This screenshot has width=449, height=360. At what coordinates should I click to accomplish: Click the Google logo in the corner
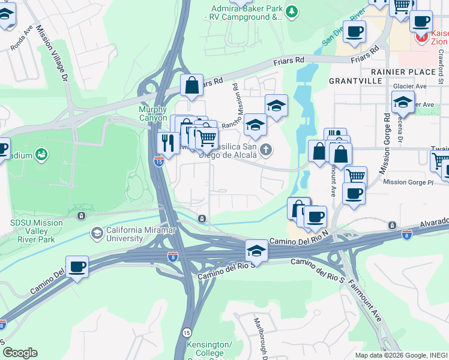tap(20, 353)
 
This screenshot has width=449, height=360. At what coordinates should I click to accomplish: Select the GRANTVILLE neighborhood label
tap(355, 80)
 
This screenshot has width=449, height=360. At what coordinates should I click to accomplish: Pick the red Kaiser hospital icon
tap(422, 38)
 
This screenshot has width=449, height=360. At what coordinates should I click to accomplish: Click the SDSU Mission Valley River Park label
tap(36, 227)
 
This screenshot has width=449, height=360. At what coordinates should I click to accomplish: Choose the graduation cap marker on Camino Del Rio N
tap(256, 249)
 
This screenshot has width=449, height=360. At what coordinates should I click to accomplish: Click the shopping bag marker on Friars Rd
tap(191, 85)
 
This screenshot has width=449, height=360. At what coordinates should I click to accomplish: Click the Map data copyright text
tap(401, 355)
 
